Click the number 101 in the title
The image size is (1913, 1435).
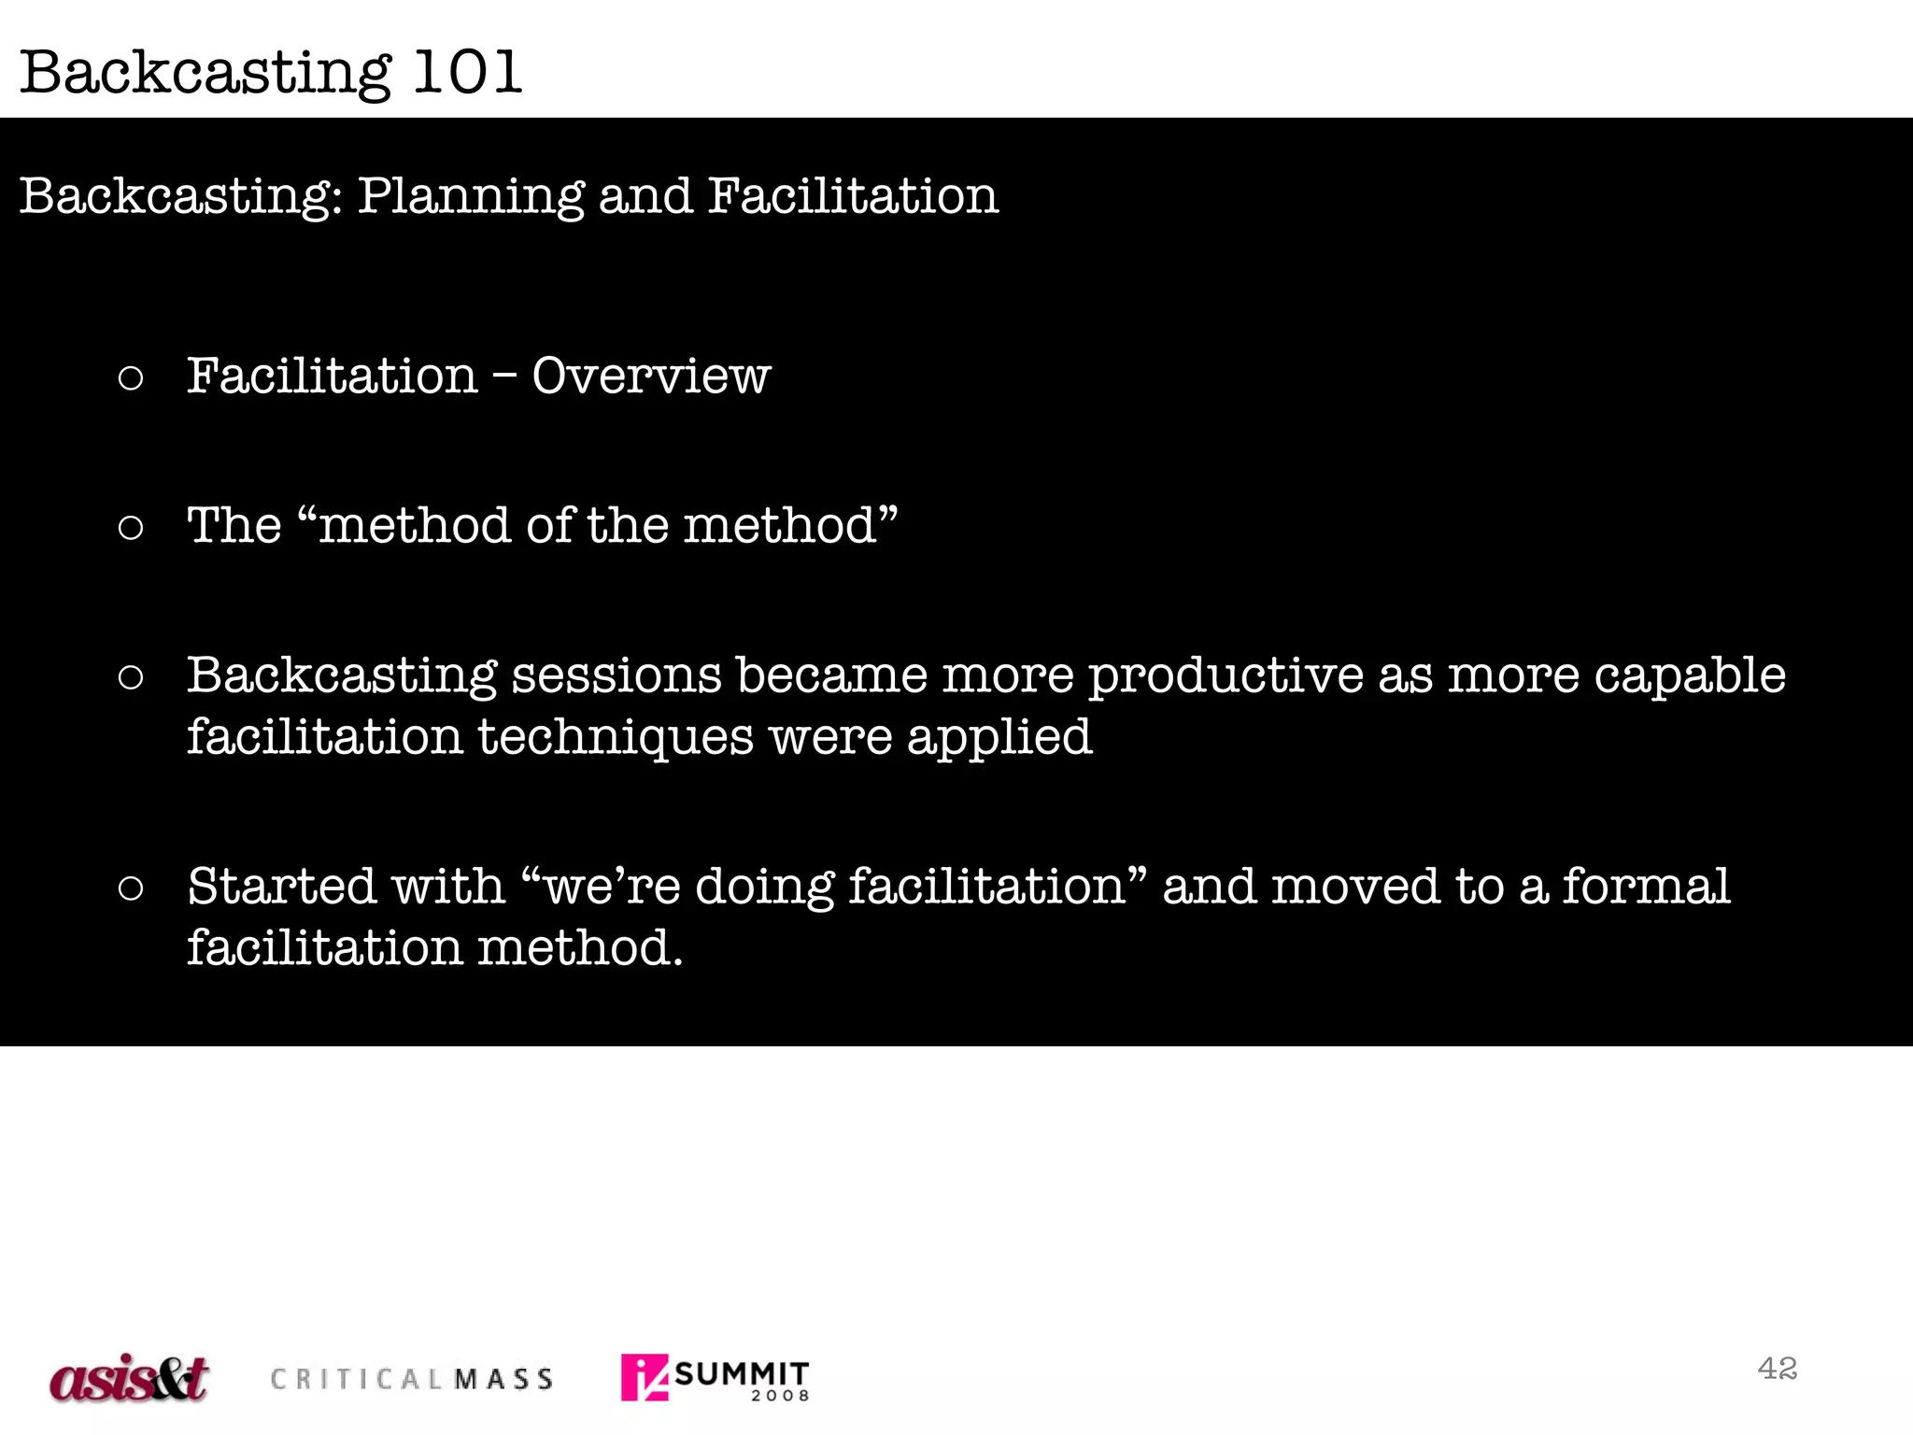click(466, 72)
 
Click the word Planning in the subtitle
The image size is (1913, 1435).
click(471, 196)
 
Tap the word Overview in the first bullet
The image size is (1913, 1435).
click(651, 377)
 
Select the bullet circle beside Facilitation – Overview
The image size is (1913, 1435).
click(131, 378)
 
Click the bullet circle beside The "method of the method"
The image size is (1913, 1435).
click(131, 528)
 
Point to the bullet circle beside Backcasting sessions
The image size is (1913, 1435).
click(131, 677)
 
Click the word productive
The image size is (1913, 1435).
click(1226, 676)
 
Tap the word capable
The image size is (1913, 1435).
click(1689, 676)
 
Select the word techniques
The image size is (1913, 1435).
click(616, 738)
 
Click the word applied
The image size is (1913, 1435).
click(999, 738)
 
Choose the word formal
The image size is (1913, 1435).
click(1646, 887)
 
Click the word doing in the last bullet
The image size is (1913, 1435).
click(764, 887)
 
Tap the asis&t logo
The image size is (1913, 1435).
click(129, 1378)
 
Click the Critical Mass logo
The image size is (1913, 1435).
click(412, 1379)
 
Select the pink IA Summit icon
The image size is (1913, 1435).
click(645, 1377)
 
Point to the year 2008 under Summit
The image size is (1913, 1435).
click(780, 1396)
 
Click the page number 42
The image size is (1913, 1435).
click(1777, 1369)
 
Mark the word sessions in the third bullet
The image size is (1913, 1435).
click(616, 676)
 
